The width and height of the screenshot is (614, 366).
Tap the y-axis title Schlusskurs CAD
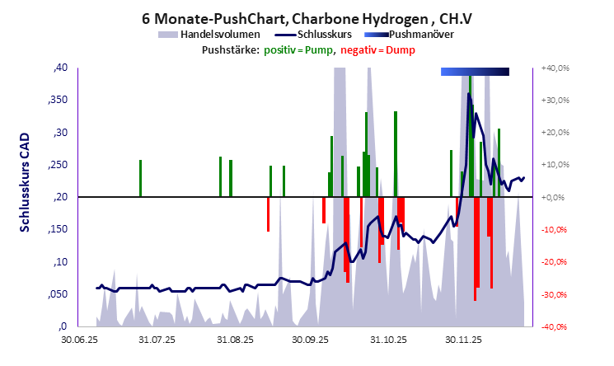click(x=25, y=196)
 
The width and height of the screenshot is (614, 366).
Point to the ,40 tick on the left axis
click(x=60, y=68)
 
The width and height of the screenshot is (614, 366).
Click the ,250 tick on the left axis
click(x=57, y=165)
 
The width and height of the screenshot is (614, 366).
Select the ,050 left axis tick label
click(x=57, y=294)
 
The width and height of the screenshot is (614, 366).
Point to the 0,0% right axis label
click(x=559, y=197)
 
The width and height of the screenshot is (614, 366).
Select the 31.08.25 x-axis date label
click(x=236, y=339)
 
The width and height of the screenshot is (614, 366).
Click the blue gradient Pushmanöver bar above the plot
click(x=475, y=73)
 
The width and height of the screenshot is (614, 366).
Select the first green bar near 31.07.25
click(x=140, y=178)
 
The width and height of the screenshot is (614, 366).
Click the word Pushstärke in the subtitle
click(x=230, y=50)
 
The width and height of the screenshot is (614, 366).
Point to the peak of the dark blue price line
click(x=469, y=93)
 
